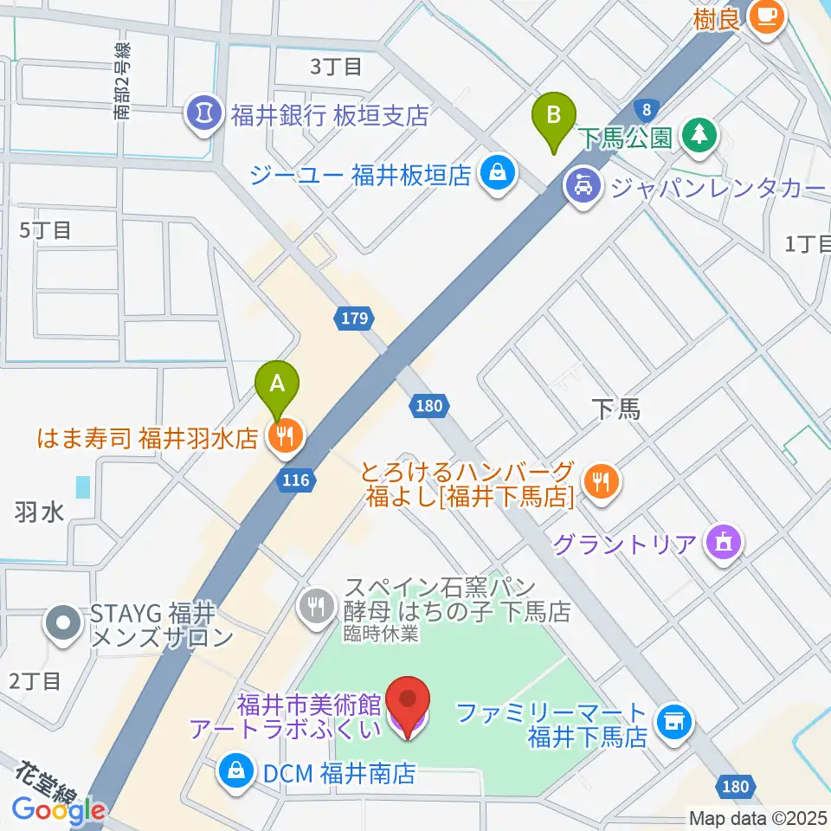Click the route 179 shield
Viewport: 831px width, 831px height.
tap(353, 319)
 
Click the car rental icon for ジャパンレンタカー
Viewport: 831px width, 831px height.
tap(579, 187)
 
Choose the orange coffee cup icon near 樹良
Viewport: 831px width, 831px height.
tap(765, 16)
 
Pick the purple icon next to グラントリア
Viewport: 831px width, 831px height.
tap(721, 544)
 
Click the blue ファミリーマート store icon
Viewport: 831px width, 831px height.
tap(672, 720)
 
